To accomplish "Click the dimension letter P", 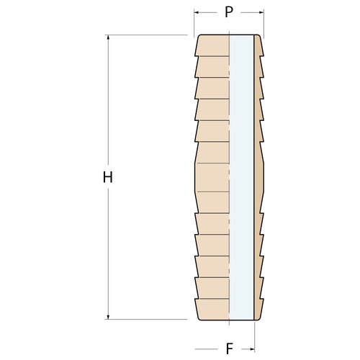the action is coord(229,12).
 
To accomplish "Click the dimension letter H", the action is coord(108,177).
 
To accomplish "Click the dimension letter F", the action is coord(230,349).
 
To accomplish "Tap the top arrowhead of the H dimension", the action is coord(108,37).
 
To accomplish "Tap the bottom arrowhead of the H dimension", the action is coord(108,317).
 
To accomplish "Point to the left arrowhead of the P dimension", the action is coord(197,12).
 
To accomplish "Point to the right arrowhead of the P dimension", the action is coord(261,12).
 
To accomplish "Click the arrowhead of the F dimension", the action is coord(252,349).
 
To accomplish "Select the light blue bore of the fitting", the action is coord(241,177).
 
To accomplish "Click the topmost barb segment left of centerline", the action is coord(212,45).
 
